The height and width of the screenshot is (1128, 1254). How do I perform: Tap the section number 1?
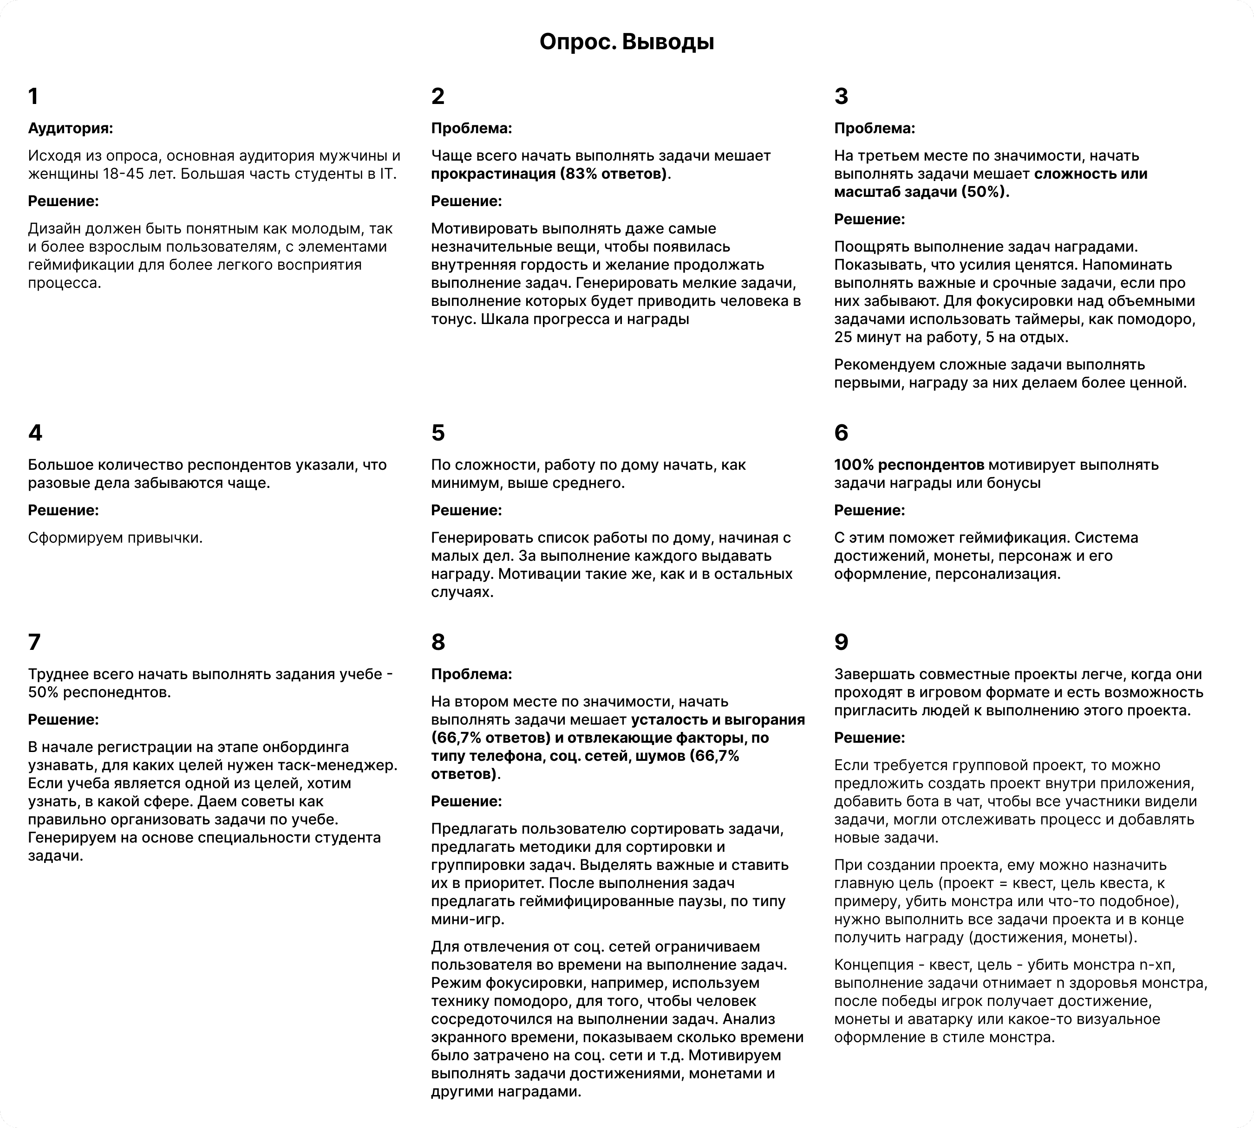[33, 97]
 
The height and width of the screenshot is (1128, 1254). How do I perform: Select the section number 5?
[438, 433]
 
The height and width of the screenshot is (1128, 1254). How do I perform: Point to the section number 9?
[841, 642]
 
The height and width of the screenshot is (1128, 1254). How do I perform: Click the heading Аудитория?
[70, 129]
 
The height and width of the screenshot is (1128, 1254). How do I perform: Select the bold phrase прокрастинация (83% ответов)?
[549, 174]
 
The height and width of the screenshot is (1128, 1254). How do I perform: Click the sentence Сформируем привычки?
[115, 538]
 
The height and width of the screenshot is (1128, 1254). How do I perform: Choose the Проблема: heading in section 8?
[471, 674]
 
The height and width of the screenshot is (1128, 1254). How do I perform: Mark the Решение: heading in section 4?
[63, 511]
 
